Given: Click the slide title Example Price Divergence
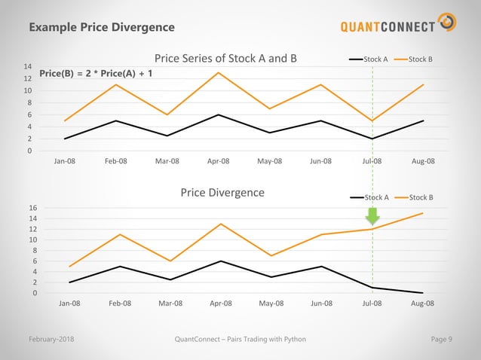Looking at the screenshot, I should click(102, 27).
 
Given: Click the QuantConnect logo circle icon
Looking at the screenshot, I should click(447, 23).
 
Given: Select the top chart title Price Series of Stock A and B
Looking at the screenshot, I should click(225, 58).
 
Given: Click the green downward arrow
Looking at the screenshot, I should click(372, 215).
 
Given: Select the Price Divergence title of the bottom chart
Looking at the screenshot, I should click(222, 192).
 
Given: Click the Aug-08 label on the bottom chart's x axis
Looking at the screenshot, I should click(422, 303).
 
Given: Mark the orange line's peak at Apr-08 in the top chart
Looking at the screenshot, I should click(219, 72).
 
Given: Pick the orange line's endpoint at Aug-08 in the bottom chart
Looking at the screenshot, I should click(423, 213).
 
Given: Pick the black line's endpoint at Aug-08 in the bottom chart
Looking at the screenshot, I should click(423, 293).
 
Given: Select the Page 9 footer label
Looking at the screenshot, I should click(441, 339).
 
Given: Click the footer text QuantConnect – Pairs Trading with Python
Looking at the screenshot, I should click(240, 339).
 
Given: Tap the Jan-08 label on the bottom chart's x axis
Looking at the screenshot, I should click(69, 303).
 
